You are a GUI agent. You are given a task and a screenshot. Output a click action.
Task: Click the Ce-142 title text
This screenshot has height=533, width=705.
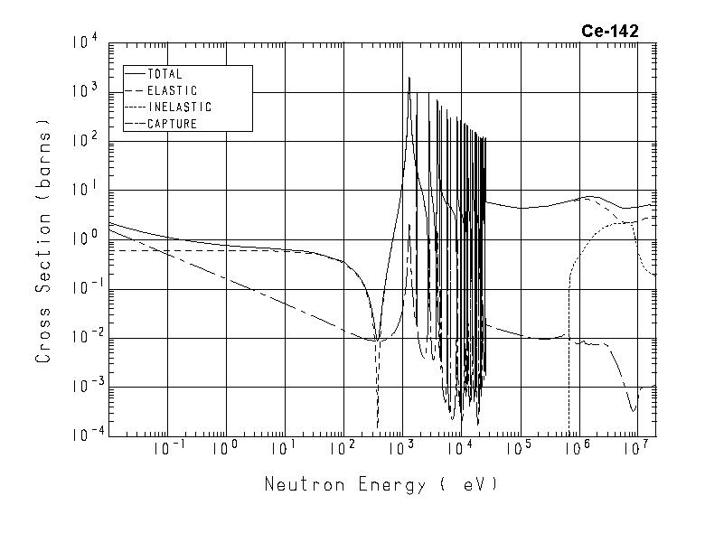609,31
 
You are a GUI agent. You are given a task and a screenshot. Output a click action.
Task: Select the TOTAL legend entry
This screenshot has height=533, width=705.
164,74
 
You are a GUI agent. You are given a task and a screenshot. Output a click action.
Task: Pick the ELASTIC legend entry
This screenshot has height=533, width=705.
172,90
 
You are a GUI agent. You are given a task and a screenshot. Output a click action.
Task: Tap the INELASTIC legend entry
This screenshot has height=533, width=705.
179,107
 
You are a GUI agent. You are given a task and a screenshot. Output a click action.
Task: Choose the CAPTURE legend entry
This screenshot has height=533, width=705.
172,124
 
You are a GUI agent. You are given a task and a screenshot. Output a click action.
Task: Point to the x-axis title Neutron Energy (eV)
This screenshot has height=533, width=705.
381,485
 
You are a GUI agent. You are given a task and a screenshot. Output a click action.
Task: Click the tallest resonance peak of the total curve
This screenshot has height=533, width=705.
409,79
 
